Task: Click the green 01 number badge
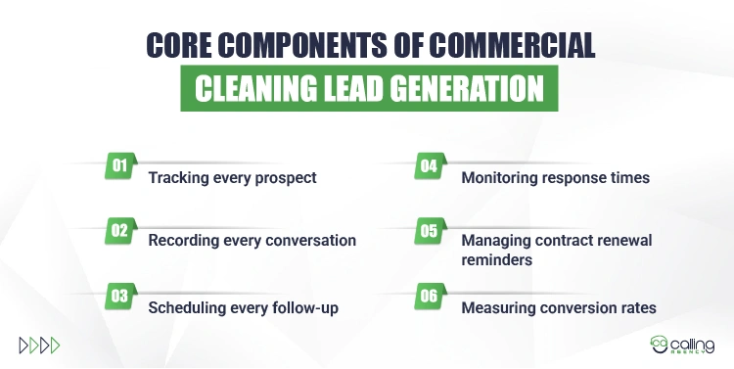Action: [119, 165]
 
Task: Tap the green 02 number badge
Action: [119, 231]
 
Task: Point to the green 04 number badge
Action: [428, 165]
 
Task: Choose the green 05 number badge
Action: [428, 231]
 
